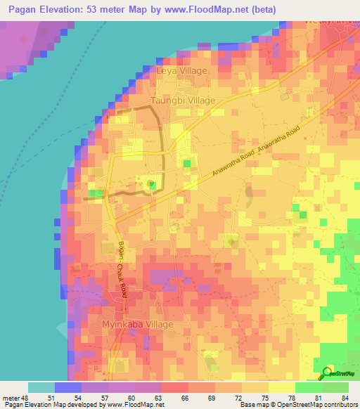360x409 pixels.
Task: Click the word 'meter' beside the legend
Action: point(11,398)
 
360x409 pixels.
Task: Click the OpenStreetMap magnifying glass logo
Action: point(327,373)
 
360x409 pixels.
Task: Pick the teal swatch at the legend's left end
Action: point(41,387)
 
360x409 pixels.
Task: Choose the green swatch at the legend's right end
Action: point(335,387)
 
